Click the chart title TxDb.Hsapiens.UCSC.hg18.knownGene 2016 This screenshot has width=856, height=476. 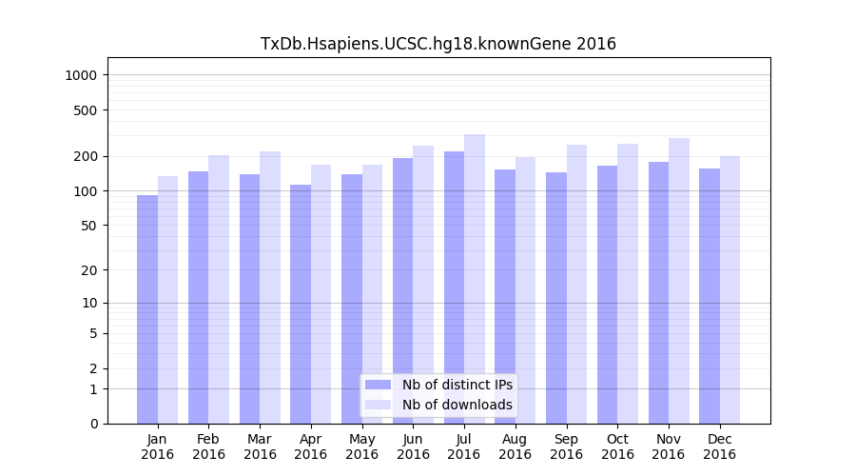point(438,44)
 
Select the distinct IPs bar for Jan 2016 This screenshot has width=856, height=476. point(147,309)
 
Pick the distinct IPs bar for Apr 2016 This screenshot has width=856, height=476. point(301,305)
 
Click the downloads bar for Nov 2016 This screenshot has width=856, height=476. point(679,281)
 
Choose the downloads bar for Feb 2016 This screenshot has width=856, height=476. point(219,289)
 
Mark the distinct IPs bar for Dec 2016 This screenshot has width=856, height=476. point(710,296)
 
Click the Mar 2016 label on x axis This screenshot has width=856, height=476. point(260,446)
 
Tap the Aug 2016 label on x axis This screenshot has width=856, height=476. point(515,446)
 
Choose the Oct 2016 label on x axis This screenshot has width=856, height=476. point(617,446)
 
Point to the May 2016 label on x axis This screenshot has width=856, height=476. point(361,446)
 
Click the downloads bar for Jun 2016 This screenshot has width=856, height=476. point(423,285)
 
